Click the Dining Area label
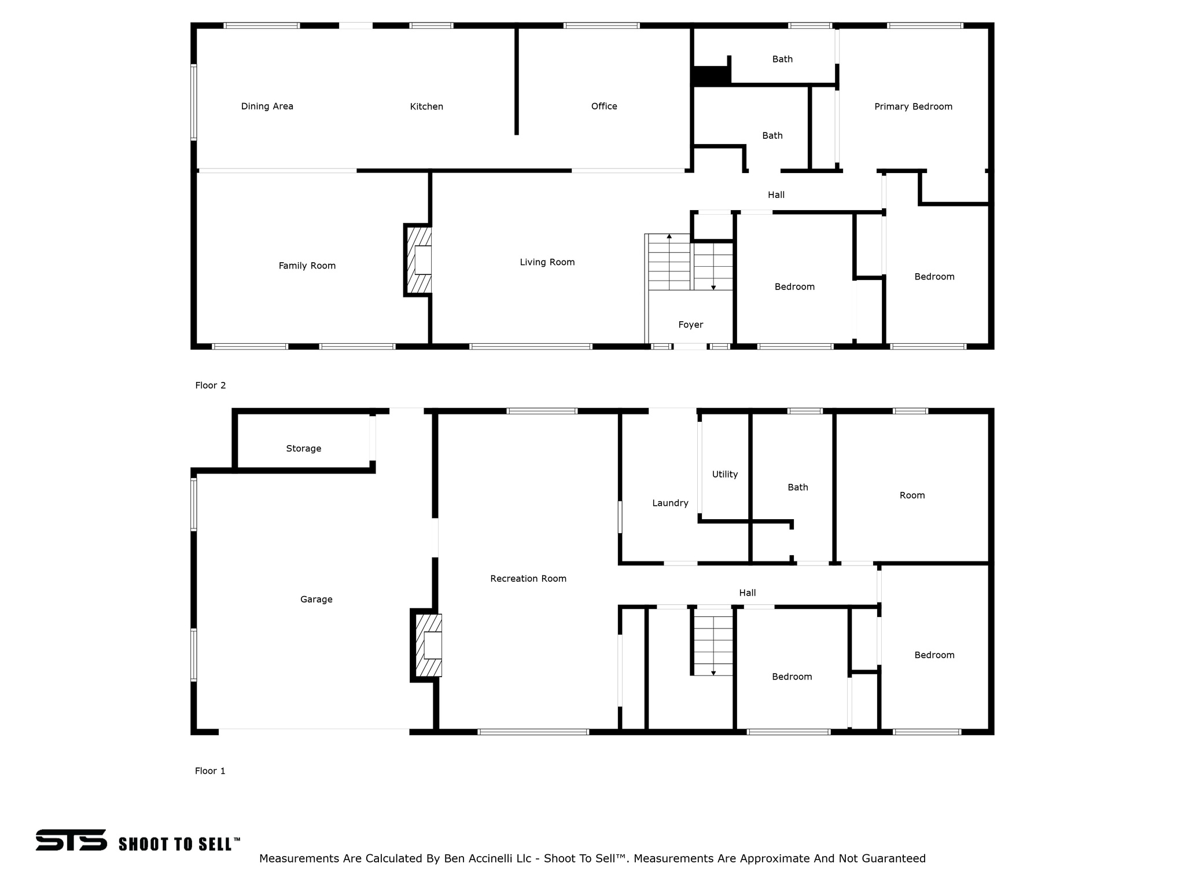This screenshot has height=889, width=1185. coord(267,106)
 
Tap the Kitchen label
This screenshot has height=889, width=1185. coord(426,106)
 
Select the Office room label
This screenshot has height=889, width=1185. coord(604,106)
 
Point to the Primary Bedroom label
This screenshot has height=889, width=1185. coord(913,106)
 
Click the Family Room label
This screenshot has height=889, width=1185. coord(307,266)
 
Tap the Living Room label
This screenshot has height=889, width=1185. coord(547,262)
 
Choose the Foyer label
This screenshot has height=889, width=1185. coord(690,325)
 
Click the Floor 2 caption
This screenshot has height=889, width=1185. coord(210,385)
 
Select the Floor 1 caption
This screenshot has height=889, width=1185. coord(210,771)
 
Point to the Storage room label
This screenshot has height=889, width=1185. coord(303,449)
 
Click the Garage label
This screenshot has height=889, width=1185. coord(316,600)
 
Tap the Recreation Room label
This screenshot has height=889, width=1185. coord(528,579)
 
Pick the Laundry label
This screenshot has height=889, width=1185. coord(670,503)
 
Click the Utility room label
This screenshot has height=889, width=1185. coord(724,474)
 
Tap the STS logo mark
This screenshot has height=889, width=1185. coord(71,840)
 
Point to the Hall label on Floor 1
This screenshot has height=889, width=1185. coord(747,593)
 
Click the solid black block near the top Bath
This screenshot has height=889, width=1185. coord(711,76)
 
